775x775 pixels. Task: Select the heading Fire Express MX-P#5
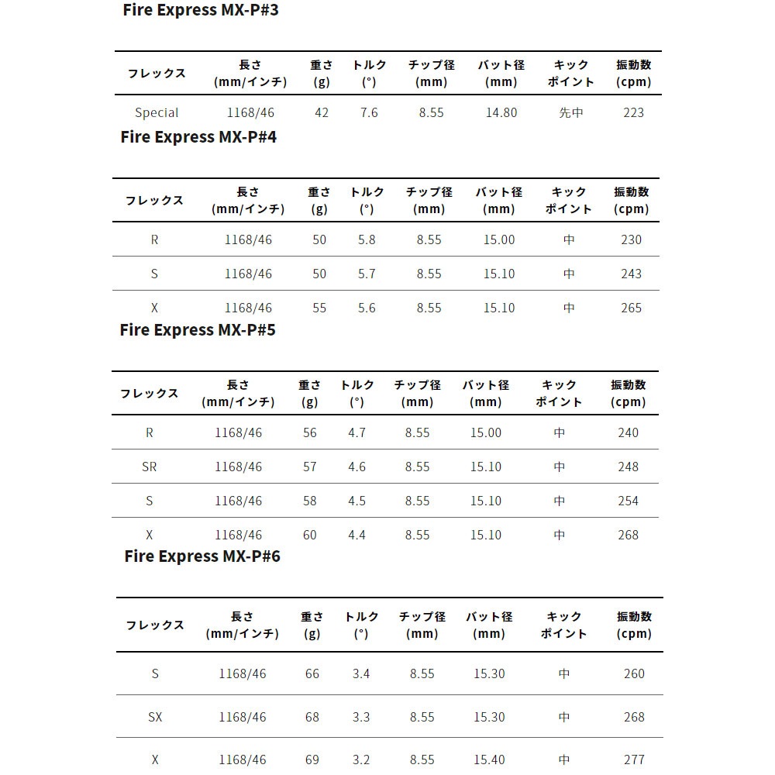[198, 329]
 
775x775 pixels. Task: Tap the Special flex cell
[157, 112]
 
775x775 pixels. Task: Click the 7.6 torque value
[369, 112]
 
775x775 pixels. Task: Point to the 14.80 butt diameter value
[501, 112]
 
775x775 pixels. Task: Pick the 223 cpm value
[633, 112]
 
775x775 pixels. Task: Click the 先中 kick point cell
[571, 112]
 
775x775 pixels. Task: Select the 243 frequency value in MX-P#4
[631, 274]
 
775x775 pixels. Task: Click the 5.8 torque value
[367, 239]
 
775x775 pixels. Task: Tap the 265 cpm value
[631, 308]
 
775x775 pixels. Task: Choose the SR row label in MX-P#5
[149, 467]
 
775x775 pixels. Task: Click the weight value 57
[310, 467]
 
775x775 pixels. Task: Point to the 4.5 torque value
[356, 501]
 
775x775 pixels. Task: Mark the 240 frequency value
[628, 432]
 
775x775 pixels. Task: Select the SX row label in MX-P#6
[155, 717]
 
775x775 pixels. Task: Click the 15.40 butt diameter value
[488, 759]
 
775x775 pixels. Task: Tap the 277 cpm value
[634, 759]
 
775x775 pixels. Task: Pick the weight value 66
[312, 673]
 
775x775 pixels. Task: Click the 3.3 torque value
[361, 717]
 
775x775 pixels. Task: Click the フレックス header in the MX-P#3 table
[157, 74]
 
